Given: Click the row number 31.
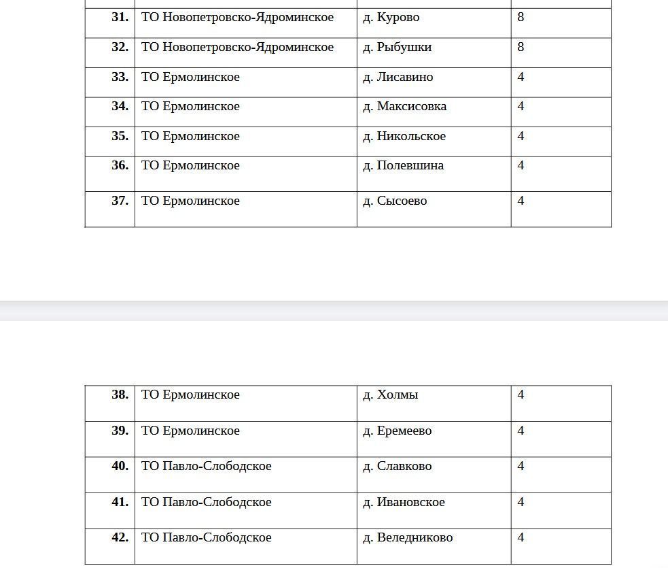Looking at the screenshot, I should coord(120,18).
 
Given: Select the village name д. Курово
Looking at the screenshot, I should coord(391,18).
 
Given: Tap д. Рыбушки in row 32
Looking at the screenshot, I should coord(397,48).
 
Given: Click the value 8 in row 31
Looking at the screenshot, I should coord(521,18).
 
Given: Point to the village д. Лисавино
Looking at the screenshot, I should coord(398,78).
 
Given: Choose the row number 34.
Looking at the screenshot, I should coord(120,107).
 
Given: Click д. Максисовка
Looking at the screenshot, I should coord(404,107).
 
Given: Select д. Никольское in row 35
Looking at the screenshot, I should coord(404,137).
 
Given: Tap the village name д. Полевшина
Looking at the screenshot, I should coord(403,166).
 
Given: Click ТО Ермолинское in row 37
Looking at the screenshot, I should coord(190,201).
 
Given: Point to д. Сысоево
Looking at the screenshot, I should coord(395,201).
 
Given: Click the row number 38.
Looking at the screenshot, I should coord(120,395).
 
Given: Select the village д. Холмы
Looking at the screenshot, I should coord(390,395).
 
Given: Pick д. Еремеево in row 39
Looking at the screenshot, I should coord(397,431).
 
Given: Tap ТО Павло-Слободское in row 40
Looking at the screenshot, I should coord(206,467).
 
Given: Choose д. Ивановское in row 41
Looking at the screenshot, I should coord(404,503).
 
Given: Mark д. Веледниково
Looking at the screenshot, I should coord(408,538).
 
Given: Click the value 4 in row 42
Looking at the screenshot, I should coord(521,538).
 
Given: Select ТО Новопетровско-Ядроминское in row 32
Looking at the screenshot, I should coord(237,48).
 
